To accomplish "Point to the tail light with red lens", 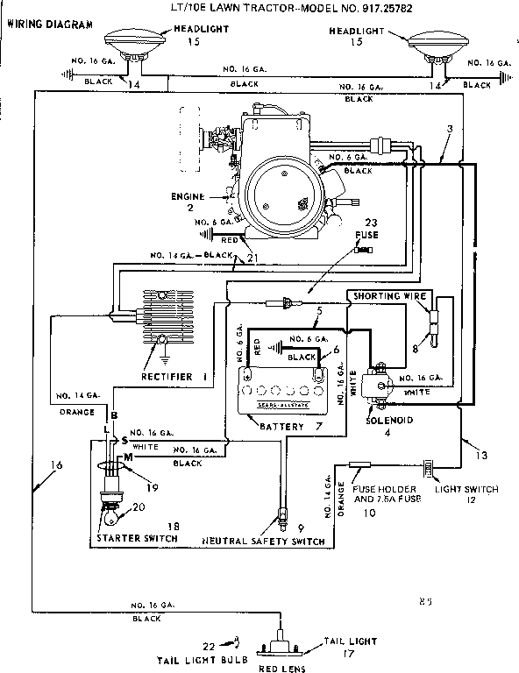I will [x=281, y=644].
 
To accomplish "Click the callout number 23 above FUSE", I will [x=372, y=223].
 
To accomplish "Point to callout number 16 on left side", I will [x=56, y=465].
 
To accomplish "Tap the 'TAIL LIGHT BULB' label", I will [x=202, y=658].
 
